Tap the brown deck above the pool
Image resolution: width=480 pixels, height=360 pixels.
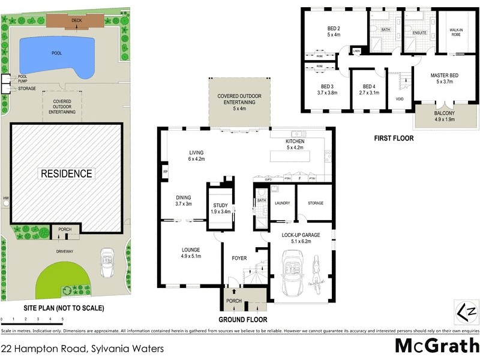(x=76, y=22)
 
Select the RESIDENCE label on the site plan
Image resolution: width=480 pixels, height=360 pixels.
(x=66, y=174)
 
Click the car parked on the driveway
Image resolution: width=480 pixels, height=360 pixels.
(x=106, y=262)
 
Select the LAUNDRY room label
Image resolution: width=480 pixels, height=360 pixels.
(x=282, y=203)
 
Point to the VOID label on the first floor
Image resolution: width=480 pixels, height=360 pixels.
(x=400, y=99)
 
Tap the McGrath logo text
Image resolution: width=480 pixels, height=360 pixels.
(x=437, y=346)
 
